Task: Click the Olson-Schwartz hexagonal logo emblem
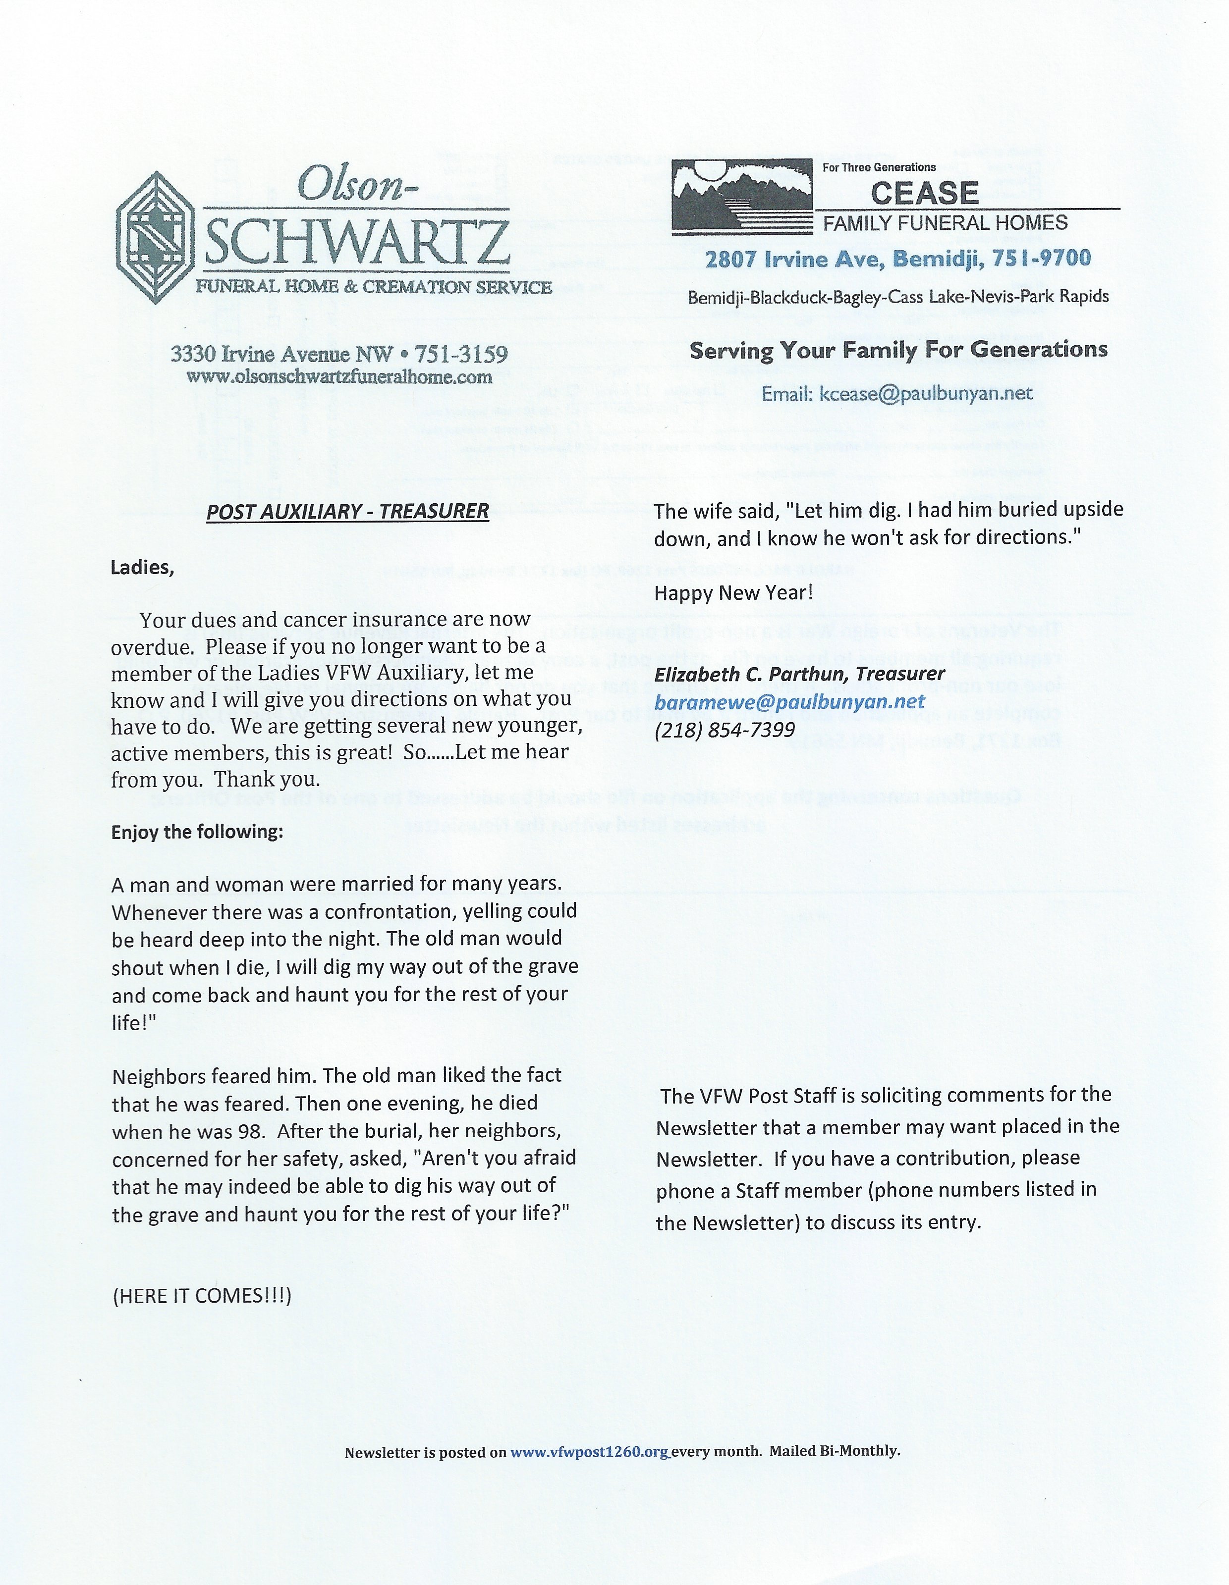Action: click(155, 237)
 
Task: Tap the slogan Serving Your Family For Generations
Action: click(898, 350)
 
